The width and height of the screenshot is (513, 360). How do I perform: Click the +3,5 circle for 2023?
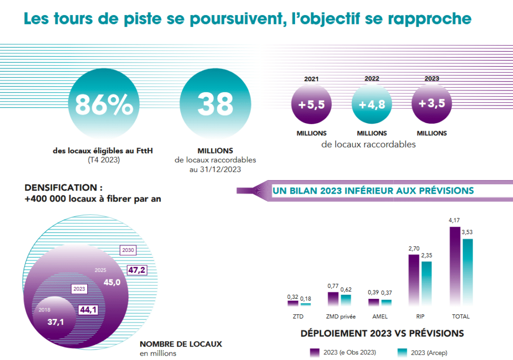(431, 104)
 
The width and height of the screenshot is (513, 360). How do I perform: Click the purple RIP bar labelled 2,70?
(414, 280)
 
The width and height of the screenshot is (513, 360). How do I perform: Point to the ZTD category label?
(299, 316)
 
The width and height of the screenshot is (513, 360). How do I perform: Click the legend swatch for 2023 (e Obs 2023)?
(315, 352)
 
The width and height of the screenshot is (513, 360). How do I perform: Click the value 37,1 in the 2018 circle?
(56, 322)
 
